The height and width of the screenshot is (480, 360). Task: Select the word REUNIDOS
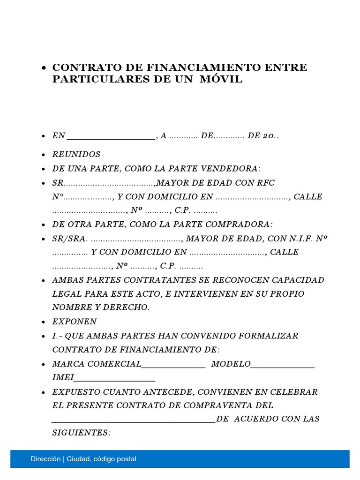point(76,154)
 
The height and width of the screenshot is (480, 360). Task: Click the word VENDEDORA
point(234,168)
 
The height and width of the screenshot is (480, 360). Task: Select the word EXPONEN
point(75,322)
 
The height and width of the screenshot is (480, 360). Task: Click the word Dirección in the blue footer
point(46,459)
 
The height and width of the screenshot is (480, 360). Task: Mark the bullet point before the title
point(44,68)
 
